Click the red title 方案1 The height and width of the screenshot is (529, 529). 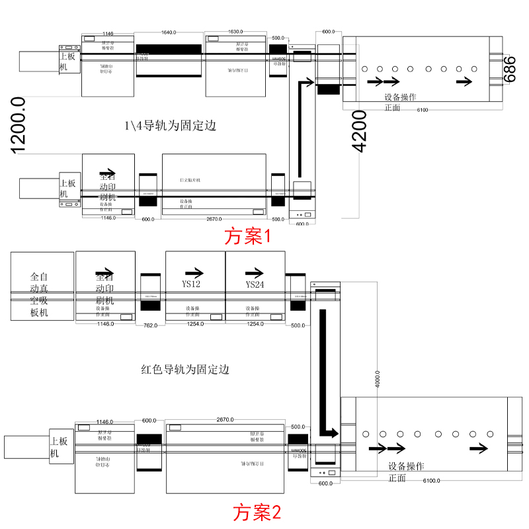click(248, 237)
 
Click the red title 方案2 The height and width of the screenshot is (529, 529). click(257, 511)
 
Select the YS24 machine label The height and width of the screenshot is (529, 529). click(255, 285)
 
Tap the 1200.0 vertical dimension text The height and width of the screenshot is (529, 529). click(18, 125)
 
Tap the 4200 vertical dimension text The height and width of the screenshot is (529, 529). click(359, 130)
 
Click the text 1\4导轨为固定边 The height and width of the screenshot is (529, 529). click(170, 125)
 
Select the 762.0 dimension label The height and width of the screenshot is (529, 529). click(150, 325)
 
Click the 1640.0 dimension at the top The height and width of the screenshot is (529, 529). click(168, 32)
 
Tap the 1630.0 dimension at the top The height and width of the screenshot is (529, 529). click(235, 32)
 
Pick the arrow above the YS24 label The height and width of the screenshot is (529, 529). click(255, 272)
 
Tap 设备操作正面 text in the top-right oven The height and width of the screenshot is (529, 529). click(400, 102)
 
